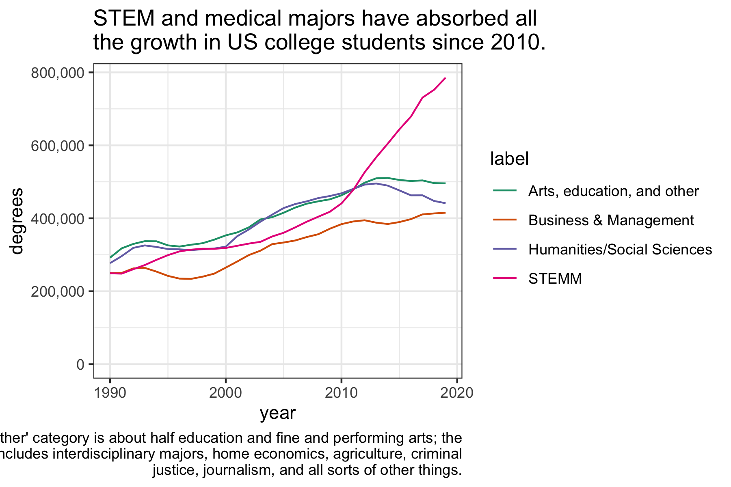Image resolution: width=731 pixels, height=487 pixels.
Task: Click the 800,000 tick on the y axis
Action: tap(59, 73)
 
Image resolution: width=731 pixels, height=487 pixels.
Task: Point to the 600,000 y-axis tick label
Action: tap(59, 146)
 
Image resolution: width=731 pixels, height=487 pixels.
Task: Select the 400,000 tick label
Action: tap(59, 219)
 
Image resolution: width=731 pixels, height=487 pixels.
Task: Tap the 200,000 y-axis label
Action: tap(59, 291)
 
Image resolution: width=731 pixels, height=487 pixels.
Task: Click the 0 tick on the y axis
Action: tap(80, 364)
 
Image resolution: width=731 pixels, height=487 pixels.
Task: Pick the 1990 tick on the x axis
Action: tap(110, 393)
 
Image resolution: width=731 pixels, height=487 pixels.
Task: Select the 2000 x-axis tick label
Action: tap(225, 393)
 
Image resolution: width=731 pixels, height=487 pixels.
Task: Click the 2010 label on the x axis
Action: tap(341, 393)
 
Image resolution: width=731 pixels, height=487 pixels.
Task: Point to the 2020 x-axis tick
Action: tap(457, 393)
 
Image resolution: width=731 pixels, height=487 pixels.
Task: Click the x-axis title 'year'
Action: tap(278, 413)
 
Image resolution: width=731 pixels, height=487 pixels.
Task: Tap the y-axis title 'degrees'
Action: tap(17, 221)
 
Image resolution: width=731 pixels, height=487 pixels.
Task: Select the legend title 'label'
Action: tap(509, 159)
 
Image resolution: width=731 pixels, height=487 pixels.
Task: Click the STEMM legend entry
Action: tap(555, 279)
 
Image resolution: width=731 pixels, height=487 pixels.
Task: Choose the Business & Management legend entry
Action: tap(611, 220)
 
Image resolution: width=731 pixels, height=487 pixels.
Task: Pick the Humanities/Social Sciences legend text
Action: tap(620, 250)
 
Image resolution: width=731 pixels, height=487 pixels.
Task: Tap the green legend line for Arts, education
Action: tap(505, 190)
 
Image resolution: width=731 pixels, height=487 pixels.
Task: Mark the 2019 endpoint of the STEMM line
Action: tap(446, 78)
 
